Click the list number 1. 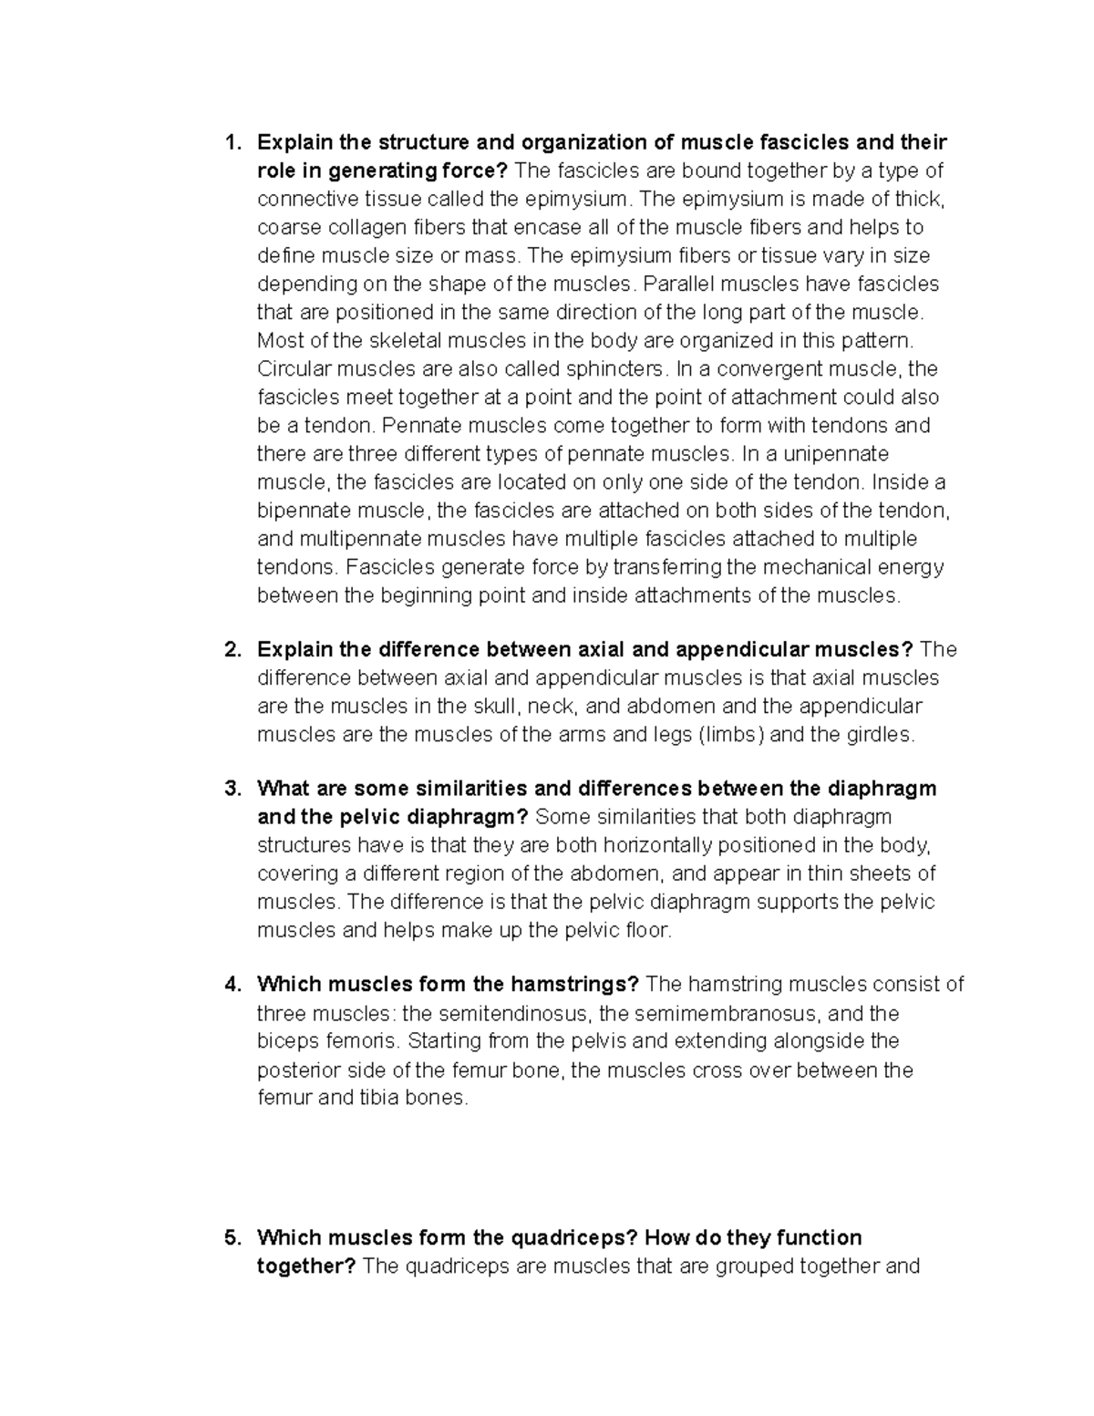tap(232, 143)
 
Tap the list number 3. tap(232, 789)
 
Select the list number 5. tap(232, 1238)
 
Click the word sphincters tap(615, 369)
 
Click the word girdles tap(878, 735)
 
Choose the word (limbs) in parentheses tap(730, 735)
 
